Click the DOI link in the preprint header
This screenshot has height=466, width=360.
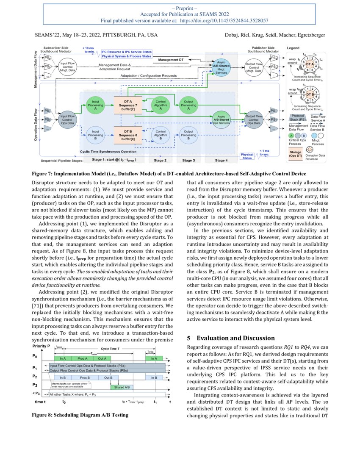[224, 20]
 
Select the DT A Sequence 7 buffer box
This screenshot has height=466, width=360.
[127, 105]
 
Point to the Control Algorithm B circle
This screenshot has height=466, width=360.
[161, 135]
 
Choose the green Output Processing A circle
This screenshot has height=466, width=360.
[188, 105]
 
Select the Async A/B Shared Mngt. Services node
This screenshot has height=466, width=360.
[221, 67]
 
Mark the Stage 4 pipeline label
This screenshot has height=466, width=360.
[220, 161]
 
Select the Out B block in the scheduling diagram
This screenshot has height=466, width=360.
[108, 377]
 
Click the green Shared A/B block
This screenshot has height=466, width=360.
[122, 387]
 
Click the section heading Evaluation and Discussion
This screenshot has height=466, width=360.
[230, 338]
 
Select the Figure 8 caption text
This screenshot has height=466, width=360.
[80, 415]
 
